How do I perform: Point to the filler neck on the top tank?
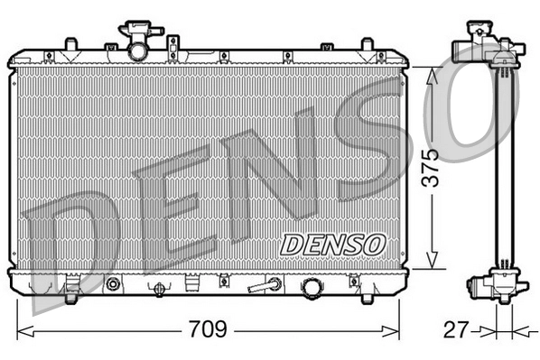point(137,46)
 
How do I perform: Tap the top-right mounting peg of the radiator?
point(368,44)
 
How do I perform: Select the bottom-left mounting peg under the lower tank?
point(70,290)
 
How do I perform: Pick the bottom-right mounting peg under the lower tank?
point(370,290)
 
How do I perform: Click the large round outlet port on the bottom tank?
point(312,286)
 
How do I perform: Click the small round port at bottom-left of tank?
point(113,285)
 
